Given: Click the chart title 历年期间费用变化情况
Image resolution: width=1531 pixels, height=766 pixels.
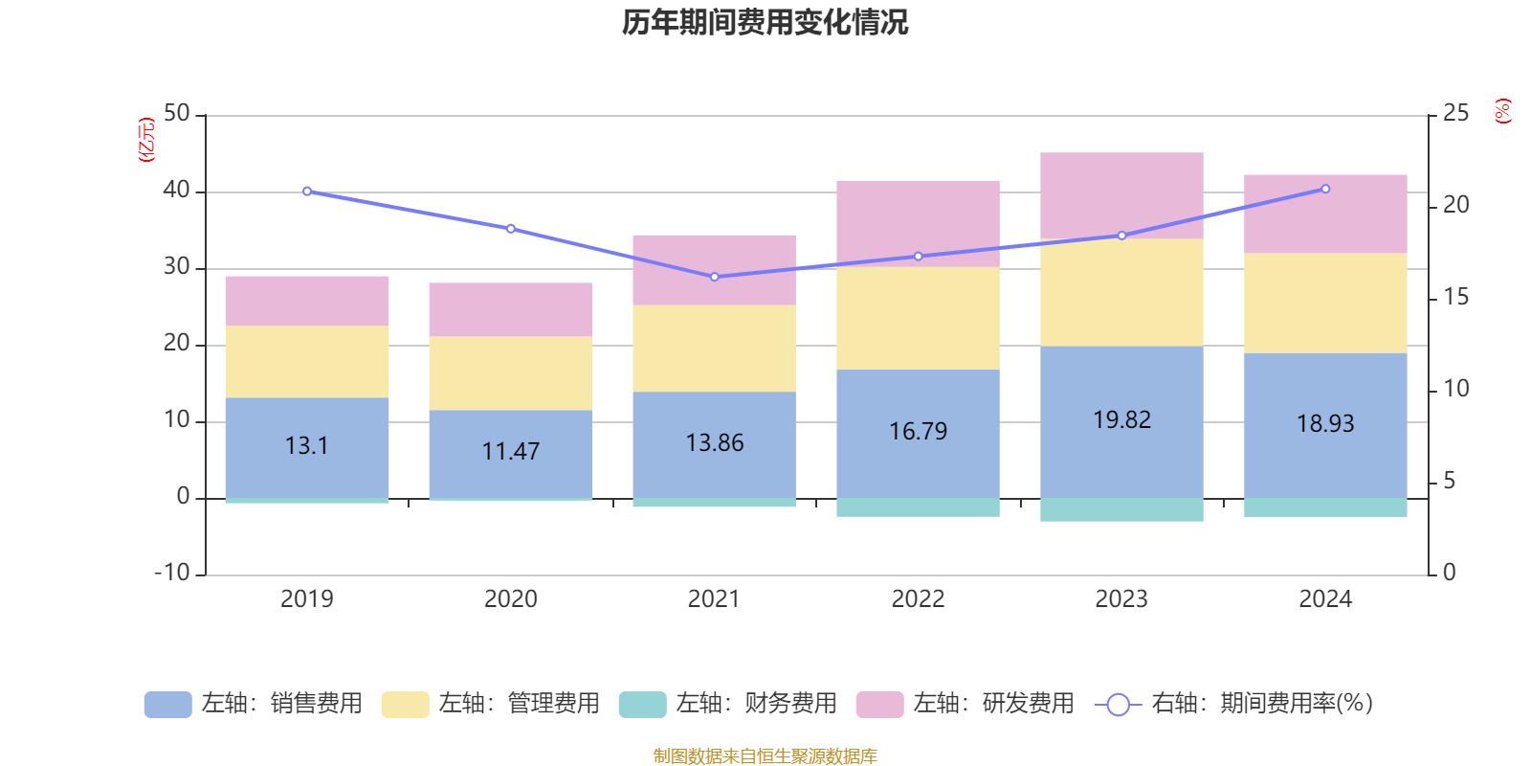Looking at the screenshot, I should coord(765,22).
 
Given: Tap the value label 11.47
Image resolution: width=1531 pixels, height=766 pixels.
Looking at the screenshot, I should coord(510,451).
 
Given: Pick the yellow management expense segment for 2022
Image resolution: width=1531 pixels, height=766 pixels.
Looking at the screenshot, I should coord(918,318).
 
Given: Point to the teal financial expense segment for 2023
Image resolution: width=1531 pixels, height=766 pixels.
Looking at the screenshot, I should coord(1121,509).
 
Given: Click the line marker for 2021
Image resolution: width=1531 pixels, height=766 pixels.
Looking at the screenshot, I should coord(714,277).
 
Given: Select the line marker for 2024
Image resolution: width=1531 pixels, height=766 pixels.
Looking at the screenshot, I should coord(1325,189).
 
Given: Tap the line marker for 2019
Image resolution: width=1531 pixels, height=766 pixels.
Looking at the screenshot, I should coord(306,191).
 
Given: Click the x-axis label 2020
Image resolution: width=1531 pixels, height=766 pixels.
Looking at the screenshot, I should coord(510,599).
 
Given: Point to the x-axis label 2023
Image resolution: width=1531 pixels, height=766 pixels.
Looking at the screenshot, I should coord(1121,599).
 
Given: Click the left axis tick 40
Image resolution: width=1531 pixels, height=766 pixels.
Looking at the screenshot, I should coord(177,191).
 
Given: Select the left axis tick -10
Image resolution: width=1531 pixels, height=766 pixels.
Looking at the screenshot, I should coord(173,573).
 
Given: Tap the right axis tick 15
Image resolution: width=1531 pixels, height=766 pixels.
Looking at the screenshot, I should coord(1455,297).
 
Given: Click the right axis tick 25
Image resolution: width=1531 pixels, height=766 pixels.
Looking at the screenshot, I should coord(1455,113).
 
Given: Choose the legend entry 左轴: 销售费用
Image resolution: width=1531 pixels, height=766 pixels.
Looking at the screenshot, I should coord(254,704).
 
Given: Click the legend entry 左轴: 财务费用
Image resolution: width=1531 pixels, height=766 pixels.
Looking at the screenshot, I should coord(728,704).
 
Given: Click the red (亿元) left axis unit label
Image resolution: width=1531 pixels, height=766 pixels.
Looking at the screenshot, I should coord(146,140).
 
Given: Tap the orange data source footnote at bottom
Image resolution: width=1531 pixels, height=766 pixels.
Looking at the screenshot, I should coord(765,756).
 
